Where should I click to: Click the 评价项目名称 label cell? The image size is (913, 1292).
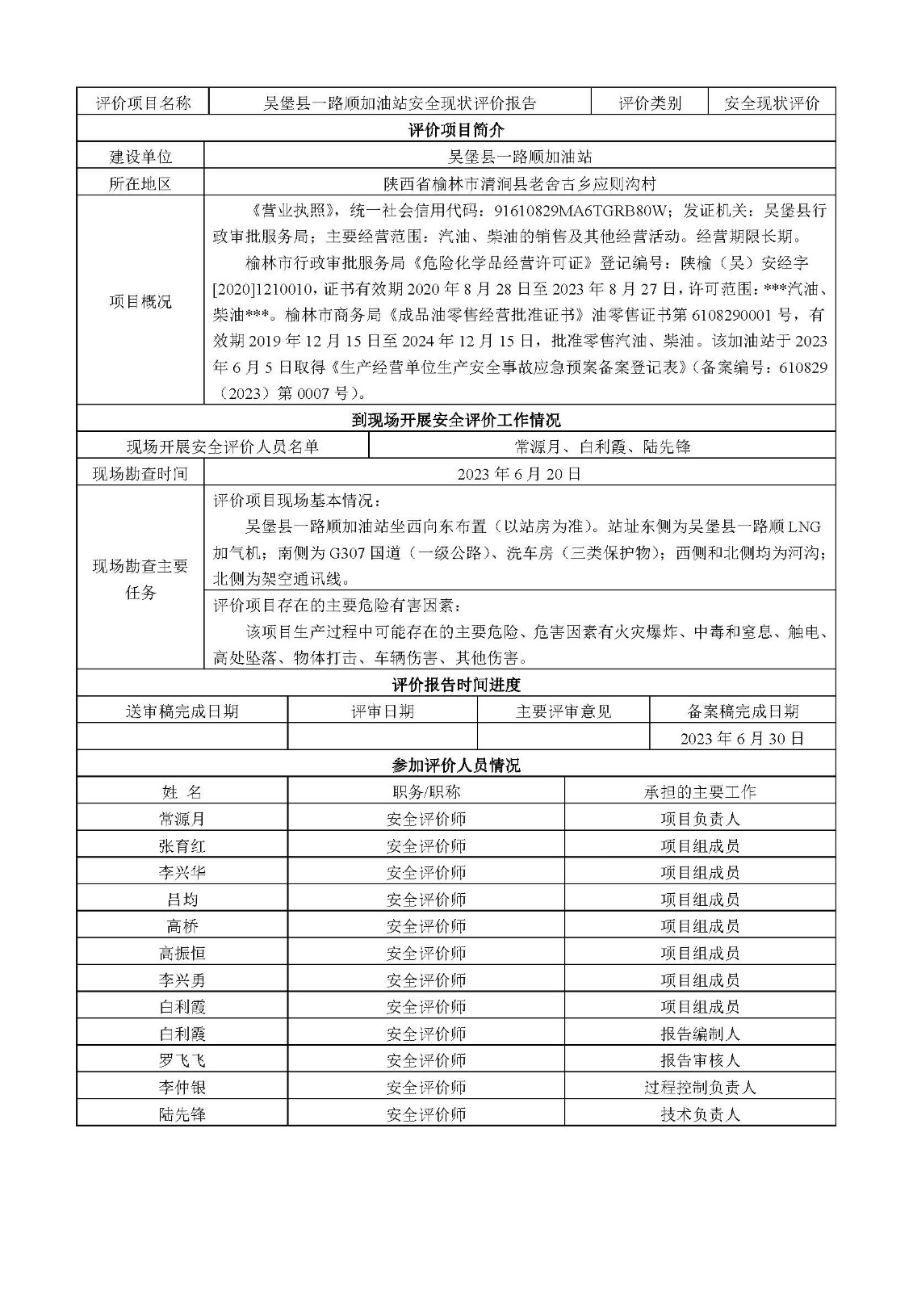click(x=143, y=103)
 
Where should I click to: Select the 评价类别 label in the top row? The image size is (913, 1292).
click(x=650, y=103)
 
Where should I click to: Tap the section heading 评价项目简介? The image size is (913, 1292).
click(x=456, y=129)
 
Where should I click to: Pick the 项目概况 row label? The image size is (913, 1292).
click(x=140, y=301)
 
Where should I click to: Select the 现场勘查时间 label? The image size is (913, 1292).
click(x=140, y=473)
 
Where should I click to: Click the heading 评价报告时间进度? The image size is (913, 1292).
click(x=456, y=685)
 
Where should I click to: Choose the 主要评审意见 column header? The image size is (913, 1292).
click(x=563, y=711)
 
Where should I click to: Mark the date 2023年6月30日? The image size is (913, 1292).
click(x=742, y=738)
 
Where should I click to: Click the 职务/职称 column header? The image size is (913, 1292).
click(x=425, y=792)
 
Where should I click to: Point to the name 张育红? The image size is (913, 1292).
click(x=182, y=845)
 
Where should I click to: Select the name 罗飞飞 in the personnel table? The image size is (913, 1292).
click(x=182, y=1060)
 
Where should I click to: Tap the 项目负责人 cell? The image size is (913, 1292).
click(x=700, y=819)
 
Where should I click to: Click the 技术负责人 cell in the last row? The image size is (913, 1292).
click(x=700, y=1114)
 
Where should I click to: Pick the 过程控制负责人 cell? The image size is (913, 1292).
click(x=700, y=1087)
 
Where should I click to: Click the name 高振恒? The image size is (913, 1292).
click(x=182, y=953)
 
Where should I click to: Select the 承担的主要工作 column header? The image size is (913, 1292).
click(x=700, y=792)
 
